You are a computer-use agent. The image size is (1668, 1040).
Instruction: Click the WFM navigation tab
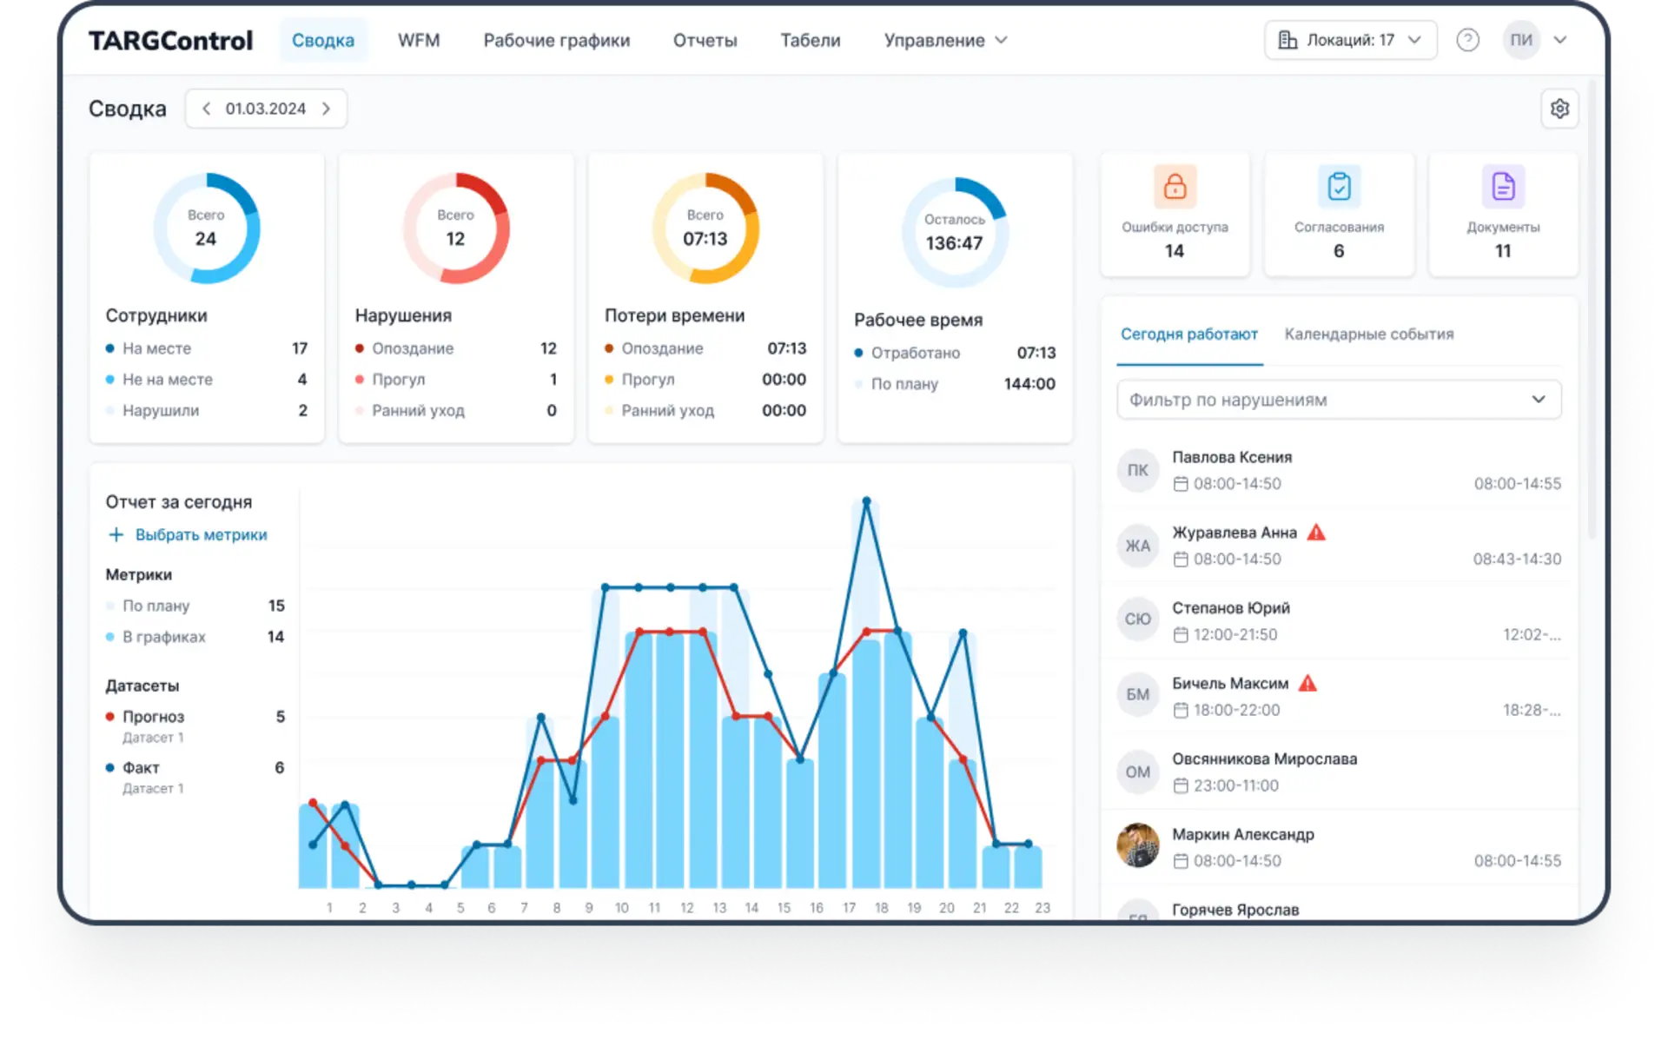pos(419,40)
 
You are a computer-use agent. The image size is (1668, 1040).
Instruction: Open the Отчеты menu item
pos(705,40)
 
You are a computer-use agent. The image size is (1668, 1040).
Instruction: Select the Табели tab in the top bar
pos(810,40)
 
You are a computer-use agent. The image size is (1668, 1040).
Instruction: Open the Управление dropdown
pos(945,40)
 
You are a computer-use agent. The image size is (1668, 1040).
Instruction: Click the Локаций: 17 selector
pos(1350,40)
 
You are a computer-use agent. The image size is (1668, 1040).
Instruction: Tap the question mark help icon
pos(1467,40)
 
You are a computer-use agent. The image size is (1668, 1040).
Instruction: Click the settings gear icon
pos(1559,109)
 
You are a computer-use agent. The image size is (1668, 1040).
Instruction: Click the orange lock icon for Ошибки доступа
pos(1175,186)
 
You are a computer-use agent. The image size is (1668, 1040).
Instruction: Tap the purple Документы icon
pos(1503,186)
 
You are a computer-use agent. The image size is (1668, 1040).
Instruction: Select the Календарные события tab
pos(1368,334)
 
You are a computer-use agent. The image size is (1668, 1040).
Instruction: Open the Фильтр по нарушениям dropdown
pos(1338,400)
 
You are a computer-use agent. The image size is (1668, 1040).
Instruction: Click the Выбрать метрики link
pos(201,535)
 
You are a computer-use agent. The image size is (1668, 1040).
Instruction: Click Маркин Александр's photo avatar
pos(1137,845)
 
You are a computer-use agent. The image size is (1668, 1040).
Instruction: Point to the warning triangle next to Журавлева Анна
pos(1316,533)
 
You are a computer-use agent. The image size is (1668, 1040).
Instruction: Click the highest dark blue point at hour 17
pos(866,501)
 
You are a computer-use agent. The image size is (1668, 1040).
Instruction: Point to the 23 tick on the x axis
pos(1042,908)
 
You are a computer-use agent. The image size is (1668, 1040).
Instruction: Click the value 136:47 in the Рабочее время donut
pos(954,243)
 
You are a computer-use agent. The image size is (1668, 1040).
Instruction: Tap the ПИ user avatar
pos(1520,40)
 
